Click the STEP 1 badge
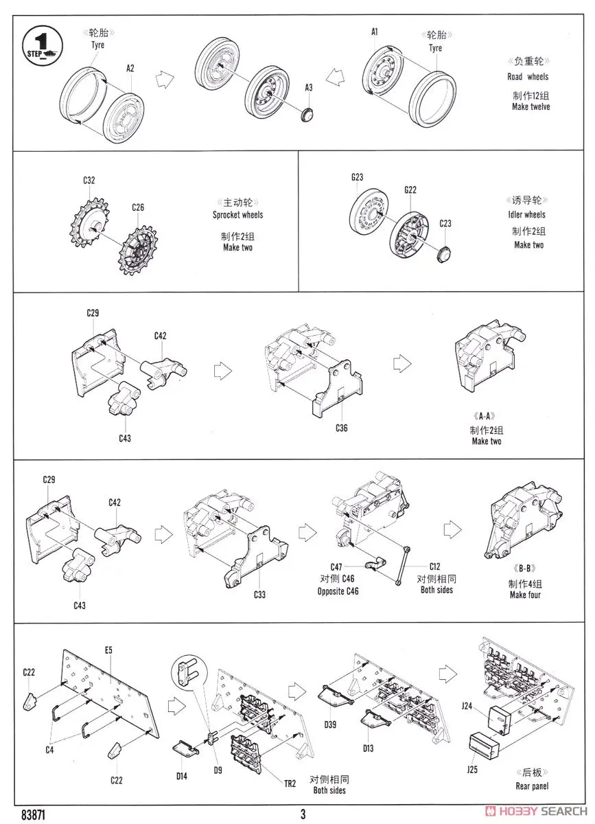40,43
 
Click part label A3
309,87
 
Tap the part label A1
375,32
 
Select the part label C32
89,181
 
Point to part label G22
410,190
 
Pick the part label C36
342,428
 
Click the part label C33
259,595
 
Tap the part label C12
435,566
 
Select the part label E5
108,650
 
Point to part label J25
472,770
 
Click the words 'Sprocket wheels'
237,215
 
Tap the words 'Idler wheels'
527,215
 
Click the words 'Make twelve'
530,107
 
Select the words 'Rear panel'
532,786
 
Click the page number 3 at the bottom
303,815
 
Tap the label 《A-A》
485,416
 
